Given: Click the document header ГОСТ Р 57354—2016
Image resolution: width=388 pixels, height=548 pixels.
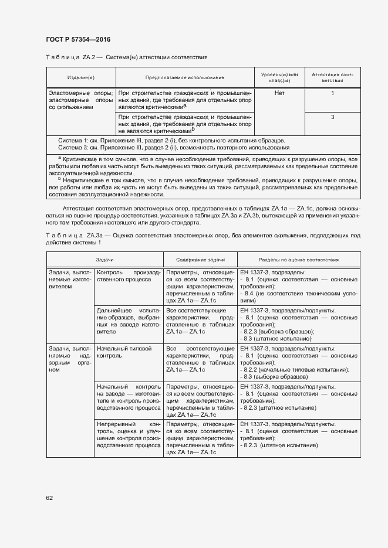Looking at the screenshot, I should [77, 39].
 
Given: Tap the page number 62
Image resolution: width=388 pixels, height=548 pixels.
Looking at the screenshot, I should [49, 498].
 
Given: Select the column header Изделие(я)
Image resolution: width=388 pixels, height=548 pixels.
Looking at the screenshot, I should [80, 77].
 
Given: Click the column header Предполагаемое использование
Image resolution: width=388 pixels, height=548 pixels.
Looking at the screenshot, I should [185, 77].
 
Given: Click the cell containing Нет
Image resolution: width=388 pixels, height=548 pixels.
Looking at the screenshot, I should [279, 93].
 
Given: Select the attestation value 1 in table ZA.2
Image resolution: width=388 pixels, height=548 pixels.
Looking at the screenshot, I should [332, 93].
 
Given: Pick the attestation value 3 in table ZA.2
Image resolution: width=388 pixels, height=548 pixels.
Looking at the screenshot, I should [332, 117].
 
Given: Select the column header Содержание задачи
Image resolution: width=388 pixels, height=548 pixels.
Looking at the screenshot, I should [200, 259].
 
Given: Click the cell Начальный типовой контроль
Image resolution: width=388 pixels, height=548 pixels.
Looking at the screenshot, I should [128, 352].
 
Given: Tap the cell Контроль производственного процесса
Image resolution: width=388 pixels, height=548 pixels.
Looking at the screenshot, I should [128, 276].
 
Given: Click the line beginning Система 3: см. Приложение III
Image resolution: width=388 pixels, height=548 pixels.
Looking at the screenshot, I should [169, 147].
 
